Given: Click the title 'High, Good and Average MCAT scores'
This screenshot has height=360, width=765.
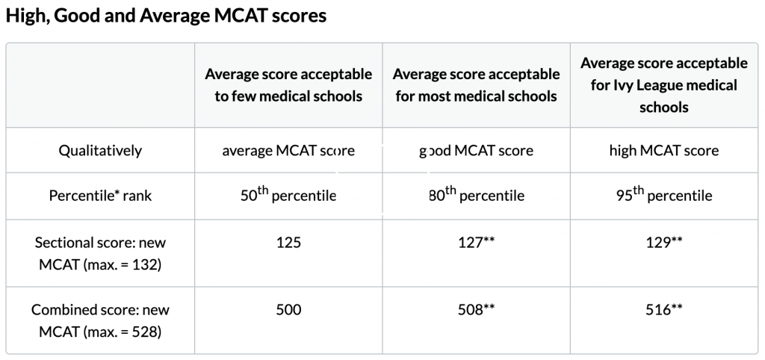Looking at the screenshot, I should coord(166,16).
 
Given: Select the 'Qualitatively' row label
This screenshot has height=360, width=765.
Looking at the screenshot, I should coord(100,151).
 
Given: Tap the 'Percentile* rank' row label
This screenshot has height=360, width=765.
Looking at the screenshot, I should coord(100,196).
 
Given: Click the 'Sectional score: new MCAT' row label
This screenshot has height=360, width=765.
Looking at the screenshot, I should coord(100,253).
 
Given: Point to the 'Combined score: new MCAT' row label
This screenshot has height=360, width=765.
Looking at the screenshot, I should coord(100,320).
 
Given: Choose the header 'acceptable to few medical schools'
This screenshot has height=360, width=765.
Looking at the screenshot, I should coord(288,85).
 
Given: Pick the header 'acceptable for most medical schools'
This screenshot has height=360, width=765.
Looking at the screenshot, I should coord(476,85).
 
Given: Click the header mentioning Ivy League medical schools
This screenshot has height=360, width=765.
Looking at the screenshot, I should coord(663,85).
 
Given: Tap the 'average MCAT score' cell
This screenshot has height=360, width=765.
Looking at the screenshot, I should coord(288,151).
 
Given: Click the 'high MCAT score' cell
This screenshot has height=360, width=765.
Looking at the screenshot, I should coord(663,151).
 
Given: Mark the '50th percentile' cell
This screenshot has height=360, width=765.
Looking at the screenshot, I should coord(288,196).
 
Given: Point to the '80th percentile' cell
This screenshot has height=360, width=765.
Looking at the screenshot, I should coord(476,196).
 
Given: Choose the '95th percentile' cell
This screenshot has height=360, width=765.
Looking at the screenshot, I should coord(663,196).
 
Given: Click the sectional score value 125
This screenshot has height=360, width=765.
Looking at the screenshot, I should coord(288,243).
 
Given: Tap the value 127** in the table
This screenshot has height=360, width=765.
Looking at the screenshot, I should coord(476,243).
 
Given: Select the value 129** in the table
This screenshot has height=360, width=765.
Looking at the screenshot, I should coord(663,243).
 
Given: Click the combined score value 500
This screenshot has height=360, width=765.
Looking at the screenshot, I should coord(288,309).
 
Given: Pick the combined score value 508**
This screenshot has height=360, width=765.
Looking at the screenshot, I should coord(476,309).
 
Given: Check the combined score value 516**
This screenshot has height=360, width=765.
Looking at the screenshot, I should coord(663,309).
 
